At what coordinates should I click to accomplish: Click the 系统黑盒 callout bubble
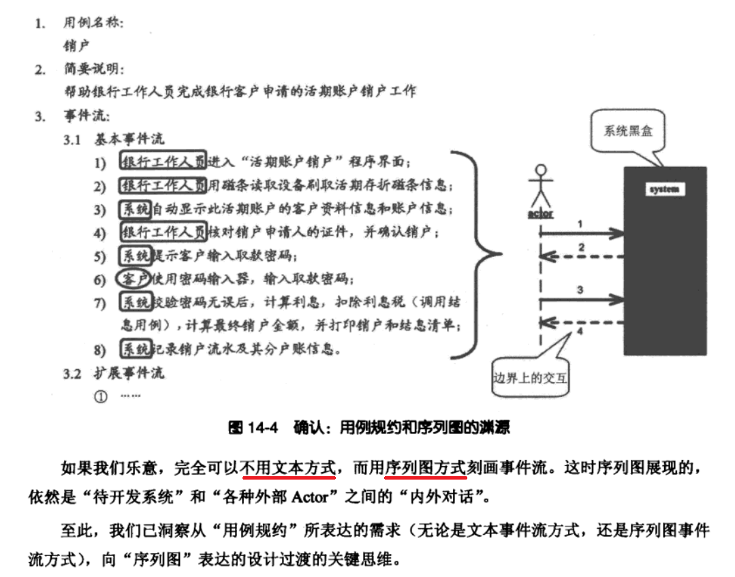tap(627, 131)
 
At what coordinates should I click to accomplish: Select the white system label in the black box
tap(664, 189)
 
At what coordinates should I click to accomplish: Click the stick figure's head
tap(542, 170)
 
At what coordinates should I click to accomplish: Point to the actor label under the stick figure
tap(541, 214)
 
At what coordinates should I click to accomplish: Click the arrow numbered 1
tap(582, 234)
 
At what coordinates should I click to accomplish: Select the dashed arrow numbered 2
tap(582, 257)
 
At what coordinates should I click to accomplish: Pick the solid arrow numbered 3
tap(582, 300)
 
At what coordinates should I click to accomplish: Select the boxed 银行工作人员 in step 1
tap(163, 161)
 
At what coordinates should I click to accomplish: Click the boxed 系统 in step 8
tap(136, 349)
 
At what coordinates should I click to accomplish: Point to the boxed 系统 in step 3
tap(136, 208)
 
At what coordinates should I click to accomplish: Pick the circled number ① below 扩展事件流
tap(101, 396)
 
